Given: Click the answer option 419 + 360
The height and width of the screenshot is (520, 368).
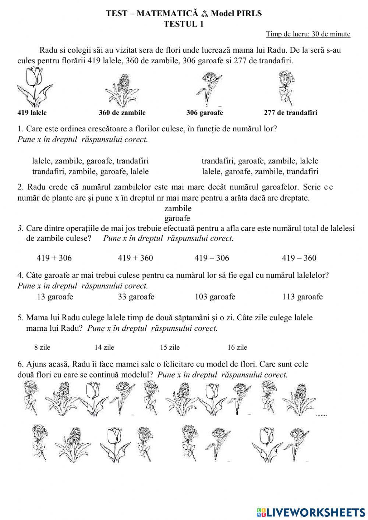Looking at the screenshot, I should click(x=135, y=258).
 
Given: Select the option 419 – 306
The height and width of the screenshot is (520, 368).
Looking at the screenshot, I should click(x=212, y=258).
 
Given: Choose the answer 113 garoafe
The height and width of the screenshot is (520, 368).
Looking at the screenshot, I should click(x=302, y=297).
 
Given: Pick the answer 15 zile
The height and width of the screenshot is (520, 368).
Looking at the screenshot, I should click(x=170, y=347).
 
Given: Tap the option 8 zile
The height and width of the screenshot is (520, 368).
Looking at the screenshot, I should click(x=42, y=347).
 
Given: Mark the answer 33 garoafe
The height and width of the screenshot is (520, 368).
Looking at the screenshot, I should click(x=136, y=297).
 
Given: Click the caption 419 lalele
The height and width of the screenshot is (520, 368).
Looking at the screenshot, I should click(x=32, y=113).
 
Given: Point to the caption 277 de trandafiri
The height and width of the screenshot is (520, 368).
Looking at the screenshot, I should click(x=290, y=113).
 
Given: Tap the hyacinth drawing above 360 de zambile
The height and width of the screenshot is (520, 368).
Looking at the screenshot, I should click(x=122, y=91).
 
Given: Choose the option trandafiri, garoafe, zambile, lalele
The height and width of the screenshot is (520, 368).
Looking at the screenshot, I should click(x=260, y=161).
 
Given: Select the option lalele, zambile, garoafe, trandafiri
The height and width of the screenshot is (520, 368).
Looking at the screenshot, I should click(x=91, y=161).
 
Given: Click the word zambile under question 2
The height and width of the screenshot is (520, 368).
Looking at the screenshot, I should click(x=178, y=208).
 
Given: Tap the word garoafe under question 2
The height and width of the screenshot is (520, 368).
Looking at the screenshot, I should click(x=177, y=218).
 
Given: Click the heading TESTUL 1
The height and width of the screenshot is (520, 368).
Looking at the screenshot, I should click(x=184, y=24).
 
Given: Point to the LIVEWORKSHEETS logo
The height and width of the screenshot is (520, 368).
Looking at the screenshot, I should click(x=311, y=512).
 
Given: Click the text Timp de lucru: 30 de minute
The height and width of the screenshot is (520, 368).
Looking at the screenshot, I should click(x=308, y=34).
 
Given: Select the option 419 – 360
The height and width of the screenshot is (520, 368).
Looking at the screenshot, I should click(x=299, y=258).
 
